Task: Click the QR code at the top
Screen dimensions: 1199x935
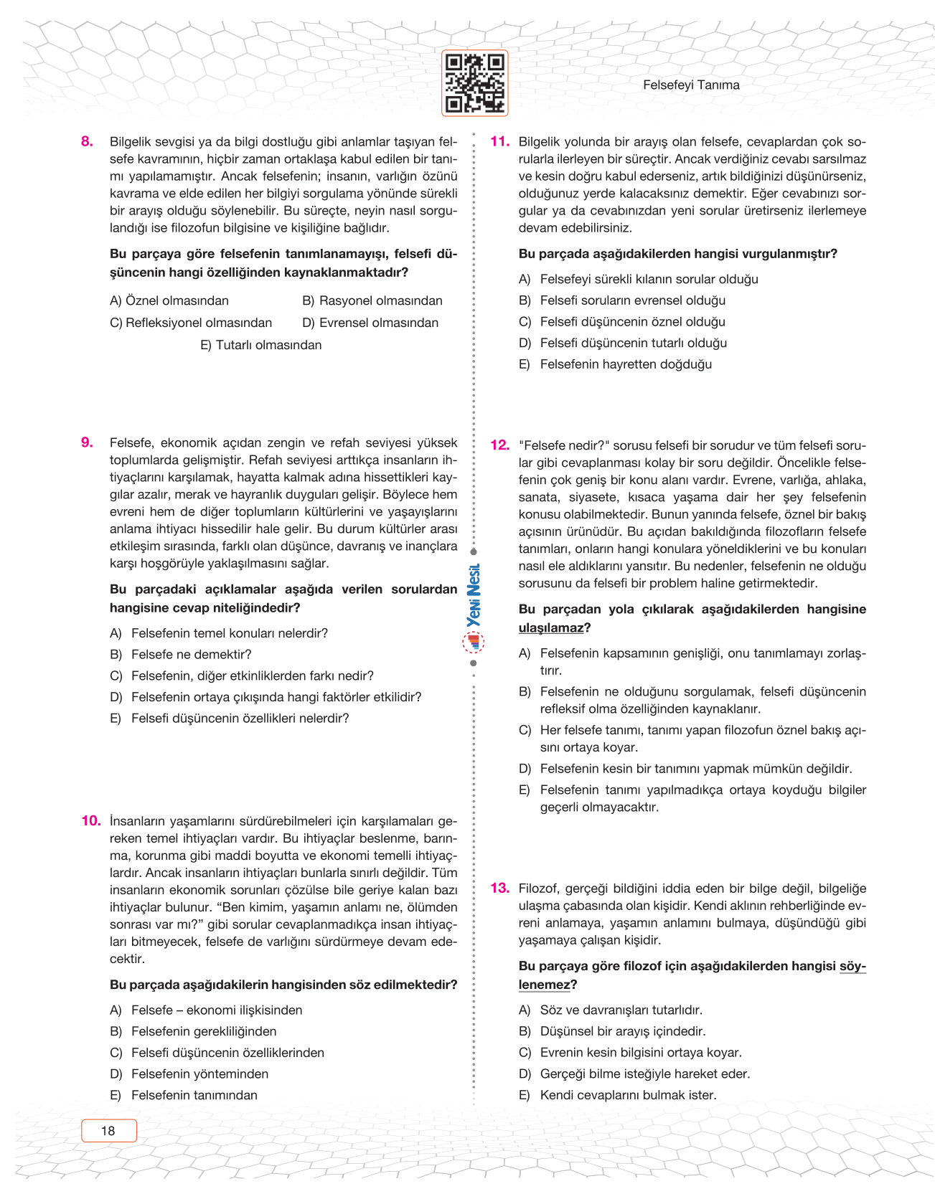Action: (474, 83)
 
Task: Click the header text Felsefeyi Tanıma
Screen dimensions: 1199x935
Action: (690, 85)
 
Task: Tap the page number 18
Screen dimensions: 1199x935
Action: (108, 1131)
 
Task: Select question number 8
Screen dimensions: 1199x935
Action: (88, 142)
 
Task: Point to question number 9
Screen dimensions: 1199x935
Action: (88, 443)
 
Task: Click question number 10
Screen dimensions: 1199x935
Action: (90, 821)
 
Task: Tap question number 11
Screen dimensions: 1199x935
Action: (499, 142)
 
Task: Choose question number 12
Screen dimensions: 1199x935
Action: (499, 445)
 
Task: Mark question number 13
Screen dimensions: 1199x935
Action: (499, 888)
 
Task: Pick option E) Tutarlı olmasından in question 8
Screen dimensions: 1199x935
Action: (261, 345)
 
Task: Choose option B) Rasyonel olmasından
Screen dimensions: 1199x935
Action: (372, 301)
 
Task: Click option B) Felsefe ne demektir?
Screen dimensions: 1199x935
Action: (191, 655)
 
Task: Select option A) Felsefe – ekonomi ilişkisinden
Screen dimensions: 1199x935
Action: (216, 1010)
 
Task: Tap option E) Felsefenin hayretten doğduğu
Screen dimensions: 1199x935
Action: (625, 364)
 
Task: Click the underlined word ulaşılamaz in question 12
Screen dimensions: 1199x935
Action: (550, 628)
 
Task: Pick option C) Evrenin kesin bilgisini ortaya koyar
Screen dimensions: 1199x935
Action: (640, 1053)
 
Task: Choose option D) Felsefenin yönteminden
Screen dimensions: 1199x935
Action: (199, 1074)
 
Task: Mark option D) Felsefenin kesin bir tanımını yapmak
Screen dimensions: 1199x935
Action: (695, 769)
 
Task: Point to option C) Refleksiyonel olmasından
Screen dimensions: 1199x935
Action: (191, 323)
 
